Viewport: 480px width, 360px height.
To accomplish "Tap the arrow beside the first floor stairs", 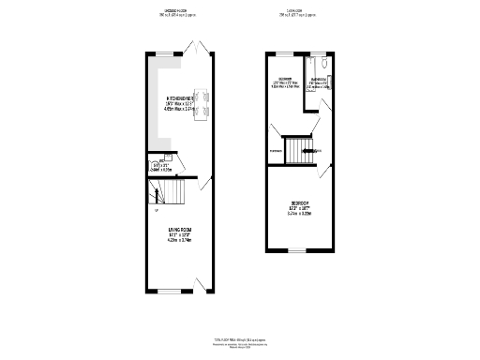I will pos(317,150).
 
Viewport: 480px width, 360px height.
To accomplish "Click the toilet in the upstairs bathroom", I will pos(323,66).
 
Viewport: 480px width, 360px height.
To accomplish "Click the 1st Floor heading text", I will pos(298,13).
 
